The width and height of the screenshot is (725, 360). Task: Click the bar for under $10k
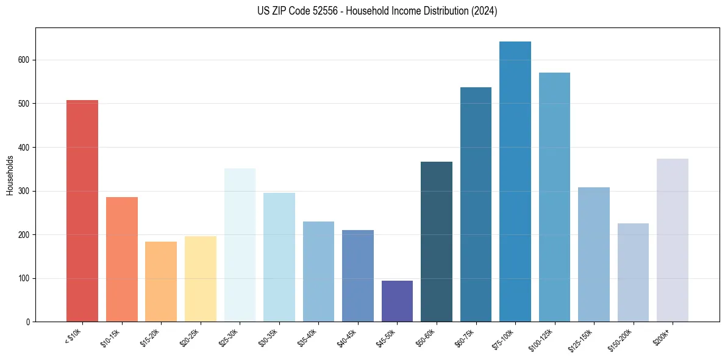pos(82,211)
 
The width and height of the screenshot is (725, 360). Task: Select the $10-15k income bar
pos(121,259)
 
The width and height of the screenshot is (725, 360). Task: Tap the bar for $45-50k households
pos(397,301)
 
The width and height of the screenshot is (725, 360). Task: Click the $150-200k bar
pos(633,272)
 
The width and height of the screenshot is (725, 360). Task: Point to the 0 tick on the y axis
pos(28,322)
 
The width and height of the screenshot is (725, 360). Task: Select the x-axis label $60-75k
pos(466,337)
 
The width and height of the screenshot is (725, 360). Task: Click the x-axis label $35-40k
pos(309,337)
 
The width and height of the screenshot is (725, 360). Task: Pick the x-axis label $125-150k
pos(582,339)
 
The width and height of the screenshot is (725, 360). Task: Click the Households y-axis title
pos(10,175)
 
